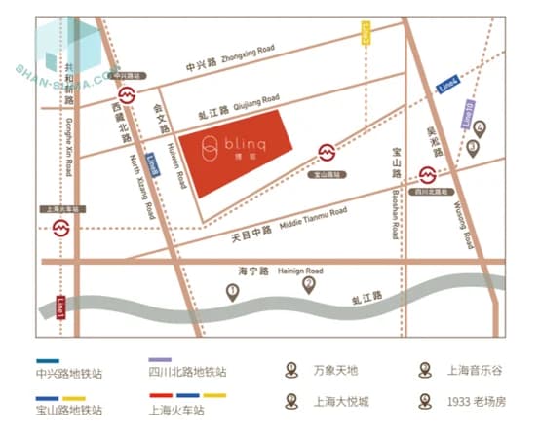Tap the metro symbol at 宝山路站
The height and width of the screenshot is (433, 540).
point(328,154)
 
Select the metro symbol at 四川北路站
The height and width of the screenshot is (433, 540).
point(427,176)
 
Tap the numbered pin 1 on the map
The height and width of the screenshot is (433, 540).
point(232,291)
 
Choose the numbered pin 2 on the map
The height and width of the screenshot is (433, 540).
point(308,284)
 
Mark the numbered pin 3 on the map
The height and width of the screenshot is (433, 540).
point(473,148)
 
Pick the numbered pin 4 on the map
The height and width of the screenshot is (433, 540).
point(479,126)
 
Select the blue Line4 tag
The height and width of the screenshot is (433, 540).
point(447,85)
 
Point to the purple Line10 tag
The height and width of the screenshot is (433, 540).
point(468,112)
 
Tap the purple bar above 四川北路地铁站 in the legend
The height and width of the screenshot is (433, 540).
point(161,360)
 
